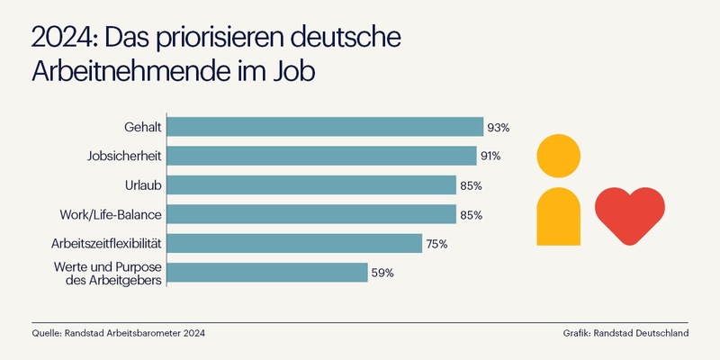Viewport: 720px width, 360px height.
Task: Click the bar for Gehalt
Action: (325, 127)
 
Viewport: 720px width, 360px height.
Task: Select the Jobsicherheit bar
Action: (322, 156)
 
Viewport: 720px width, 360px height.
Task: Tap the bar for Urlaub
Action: (311, 185)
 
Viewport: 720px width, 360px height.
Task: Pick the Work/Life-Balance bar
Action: (311, 214)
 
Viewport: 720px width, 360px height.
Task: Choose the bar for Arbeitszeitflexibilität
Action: (295, 243)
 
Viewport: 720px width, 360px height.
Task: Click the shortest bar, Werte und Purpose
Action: (267, 272)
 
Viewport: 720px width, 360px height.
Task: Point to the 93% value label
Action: (498, 128)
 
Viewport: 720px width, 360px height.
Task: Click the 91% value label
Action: (490, 157)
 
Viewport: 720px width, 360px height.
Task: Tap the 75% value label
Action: (436, 244)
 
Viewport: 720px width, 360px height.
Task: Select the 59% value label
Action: (382, 273)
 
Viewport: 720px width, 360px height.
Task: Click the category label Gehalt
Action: (143, 128)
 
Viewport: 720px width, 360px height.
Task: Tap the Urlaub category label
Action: (143, 185)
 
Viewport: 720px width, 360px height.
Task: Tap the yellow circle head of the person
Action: (560, 155)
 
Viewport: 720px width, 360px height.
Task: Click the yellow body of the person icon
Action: (560, 217)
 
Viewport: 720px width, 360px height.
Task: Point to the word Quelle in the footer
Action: (47, 333)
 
